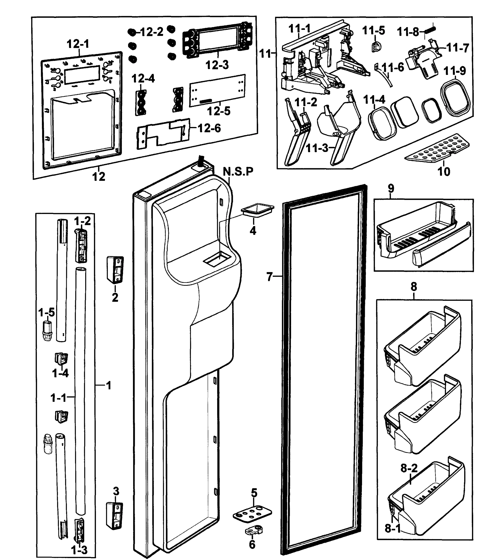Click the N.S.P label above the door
click(x=238, y=171)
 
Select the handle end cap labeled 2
click(x=115, y=269)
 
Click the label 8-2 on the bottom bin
click(x=409, y=468)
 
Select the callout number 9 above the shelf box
click(x=391, y=189)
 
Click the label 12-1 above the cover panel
click(x=78, y=44)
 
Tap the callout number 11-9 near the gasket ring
click(x=454, y=71)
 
